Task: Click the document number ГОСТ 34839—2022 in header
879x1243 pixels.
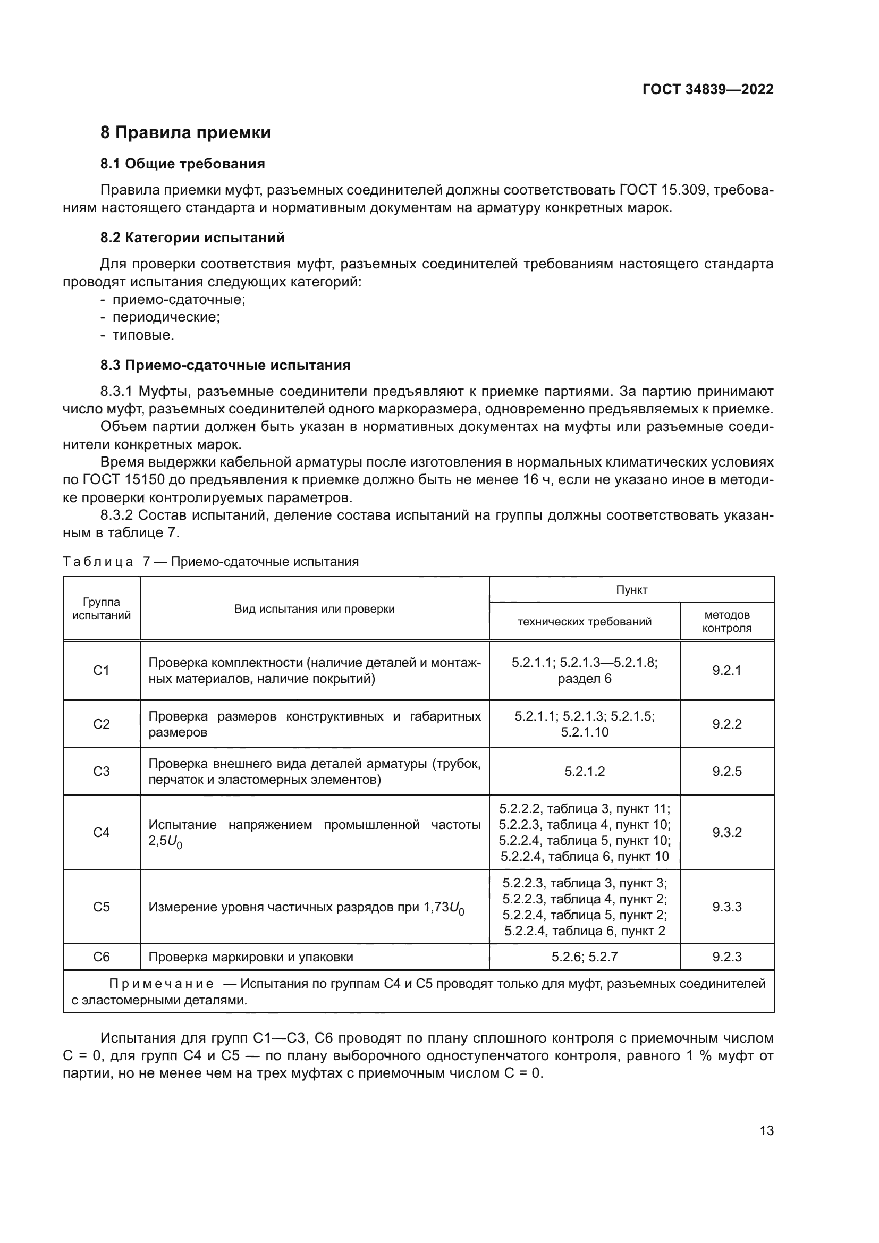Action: (707, 89)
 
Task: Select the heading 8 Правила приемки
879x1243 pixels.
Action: (185, 133)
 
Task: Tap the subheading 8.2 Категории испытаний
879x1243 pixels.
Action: (192, 238)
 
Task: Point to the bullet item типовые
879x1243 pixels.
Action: (143, 335)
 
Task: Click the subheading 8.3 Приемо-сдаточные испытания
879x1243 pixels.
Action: (225, 366)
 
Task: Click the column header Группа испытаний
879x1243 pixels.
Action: (101, 608)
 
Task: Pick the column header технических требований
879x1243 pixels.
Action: (584, 622)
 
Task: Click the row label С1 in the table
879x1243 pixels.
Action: (101, 670)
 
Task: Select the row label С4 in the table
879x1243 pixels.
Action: (101, 833)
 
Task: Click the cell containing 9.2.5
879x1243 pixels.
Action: (726, 772)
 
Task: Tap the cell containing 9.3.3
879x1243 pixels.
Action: (726, 907)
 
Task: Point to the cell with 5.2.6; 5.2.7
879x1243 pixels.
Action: (584, 957)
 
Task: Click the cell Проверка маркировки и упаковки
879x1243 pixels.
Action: (251, 957)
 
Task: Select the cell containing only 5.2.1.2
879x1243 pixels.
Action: (584, 772)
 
